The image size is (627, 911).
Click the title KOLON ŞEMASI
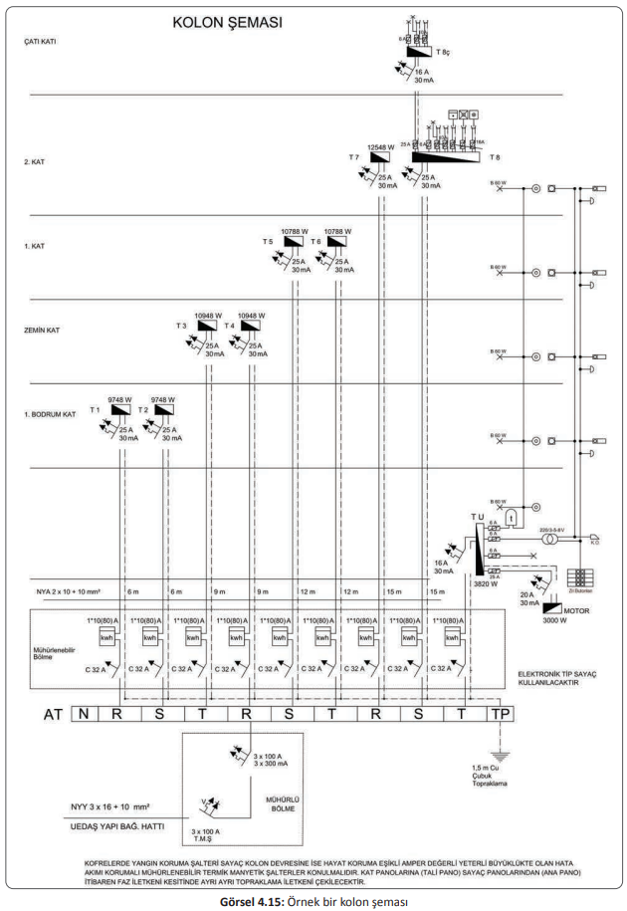tap(227, 21)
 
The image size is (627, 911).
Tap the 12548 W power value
tap(382, 147)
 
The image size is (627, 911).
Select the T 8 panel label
tap(495, 157)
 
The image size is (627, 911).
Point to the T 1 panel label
tap(97, 409)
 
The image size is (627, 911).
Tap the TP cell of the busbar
tap(498, 714)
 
